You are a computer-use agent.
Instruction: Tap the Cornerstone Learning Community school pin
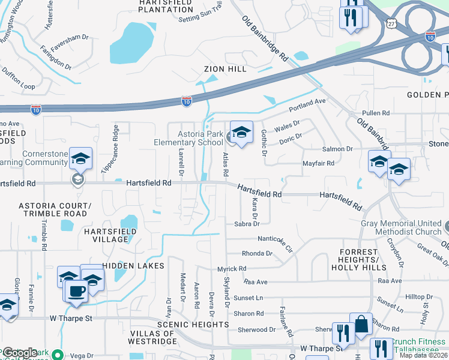tap(80, 158)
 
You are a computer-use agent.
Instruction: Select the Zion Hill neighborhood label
tap(225, 69)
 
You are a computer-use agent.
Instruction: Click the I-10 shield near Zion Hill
tap(187, 102)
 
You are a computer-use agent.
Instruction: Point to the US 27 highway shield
tap(391, 23)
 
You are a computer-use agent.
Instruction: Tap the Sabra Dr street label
tap(247, 224)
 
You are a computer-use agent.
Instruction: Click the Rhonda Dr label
tap(257, 253)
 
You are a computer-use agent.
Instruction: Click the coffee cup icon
tap(77, 290)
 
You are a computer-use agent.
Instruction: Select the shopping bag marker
tap(361, 324)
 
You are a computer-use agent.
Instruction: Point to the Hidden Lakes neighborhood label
tap(133, 265)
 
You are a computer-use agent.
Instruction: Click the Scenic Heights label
tap(193, 325)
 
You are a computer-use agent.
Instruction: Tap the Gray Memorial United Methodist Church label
tap(401, 227)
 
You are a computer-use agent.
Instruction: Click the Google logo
tap(20, 353)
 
